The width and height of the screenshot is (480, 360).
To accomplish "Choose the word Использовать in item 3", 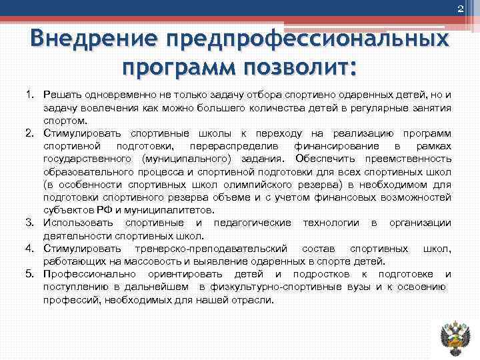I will point(78,223).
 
